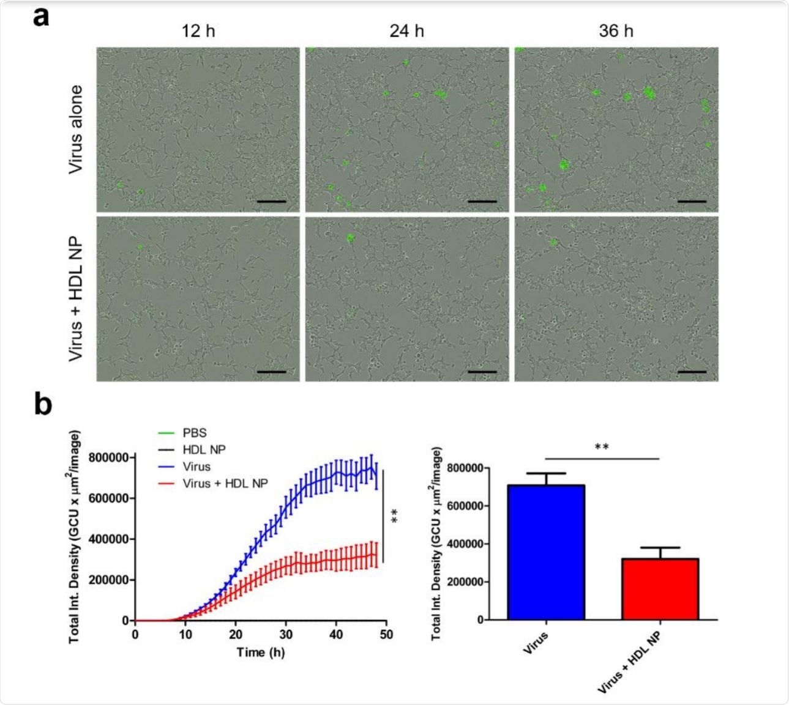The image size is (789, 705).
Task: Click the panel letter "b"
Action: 43,404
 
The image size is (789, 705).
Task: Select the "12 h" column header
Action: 198,31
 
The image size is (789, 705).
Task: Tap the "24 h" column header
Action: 406,31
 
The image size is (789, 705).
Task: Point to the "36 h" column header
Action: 616,31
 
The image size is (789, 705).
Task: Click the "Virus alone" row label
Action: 75,130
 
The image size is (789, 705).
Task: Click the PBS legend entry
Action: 195,434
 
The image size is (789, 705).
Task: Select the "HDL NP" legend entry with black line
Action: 204,450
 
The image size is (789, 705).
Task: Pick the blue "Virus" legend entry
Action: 196,467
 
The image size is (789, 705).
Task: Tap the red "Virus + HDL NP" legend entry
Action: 225,483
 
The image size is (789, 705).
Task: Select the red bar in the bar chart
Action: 660,589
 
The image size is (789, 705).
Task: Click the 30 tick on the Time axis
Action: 286,635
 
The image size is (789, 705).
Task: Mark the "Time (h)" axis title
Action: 261,652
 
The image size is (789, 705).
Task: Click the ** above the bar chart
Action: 601,447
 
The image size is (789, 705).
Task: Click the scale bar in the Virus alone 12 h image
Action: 272,201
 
